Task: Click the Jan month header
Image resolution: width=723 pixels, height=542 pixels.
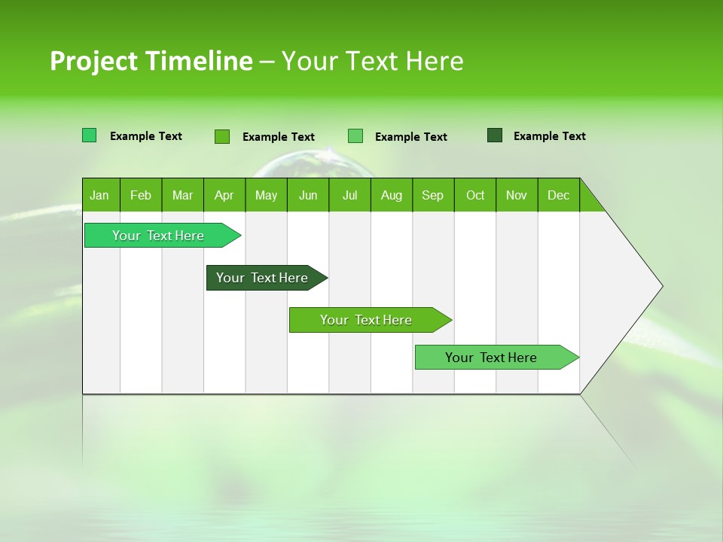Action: coord(99,195)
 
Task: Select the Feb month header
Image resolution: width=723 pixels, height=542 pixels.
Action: coord(141,195)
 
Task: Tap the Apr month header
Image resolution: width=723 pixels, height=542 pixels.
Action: coord(224,195)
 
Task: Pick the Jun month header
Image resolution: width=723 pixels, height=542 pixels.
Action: coord(308,195)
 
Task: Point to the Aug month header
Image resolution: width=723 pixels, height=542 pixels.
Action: coord(391,195)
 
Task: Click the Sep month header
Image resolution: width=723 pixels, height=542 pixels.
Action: coord(432,195)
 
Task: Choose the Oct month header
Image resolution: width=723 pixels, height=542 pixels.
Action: coord(475,195)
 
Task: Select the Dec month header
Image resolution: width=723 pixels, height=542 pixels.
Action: coord(558,195)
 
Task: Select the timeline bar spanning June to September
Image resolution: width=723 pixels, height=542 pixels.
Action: coord(367,320)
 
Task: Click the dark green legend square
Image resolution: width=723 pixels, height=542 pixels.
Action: coord(495,135)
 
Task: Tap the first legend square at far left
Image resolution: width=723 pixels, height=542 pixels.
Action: coord(90,135)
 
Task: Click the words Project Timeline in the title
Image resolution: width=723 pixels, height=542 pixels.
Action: coord(151,61)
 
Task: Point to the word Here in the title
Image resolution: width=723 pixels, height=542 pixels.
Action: coord(435,61)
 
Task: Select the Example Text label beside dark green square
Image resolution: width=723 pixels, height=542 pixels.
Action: coord(549,136)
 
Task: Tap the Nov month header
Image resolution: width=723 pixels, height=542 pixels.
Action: coord(517,195)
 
